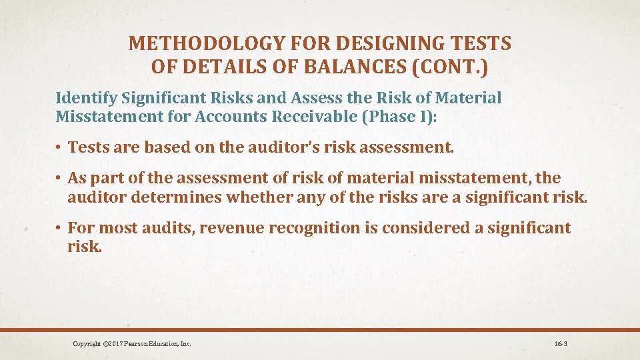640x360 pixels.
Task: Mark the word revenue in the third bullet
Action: (x=231, y=228)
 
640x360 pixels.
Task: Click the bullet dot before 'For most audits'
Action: (x=59, y=229)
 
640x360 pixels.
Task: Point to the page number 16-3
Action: (x=560, y=344)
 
